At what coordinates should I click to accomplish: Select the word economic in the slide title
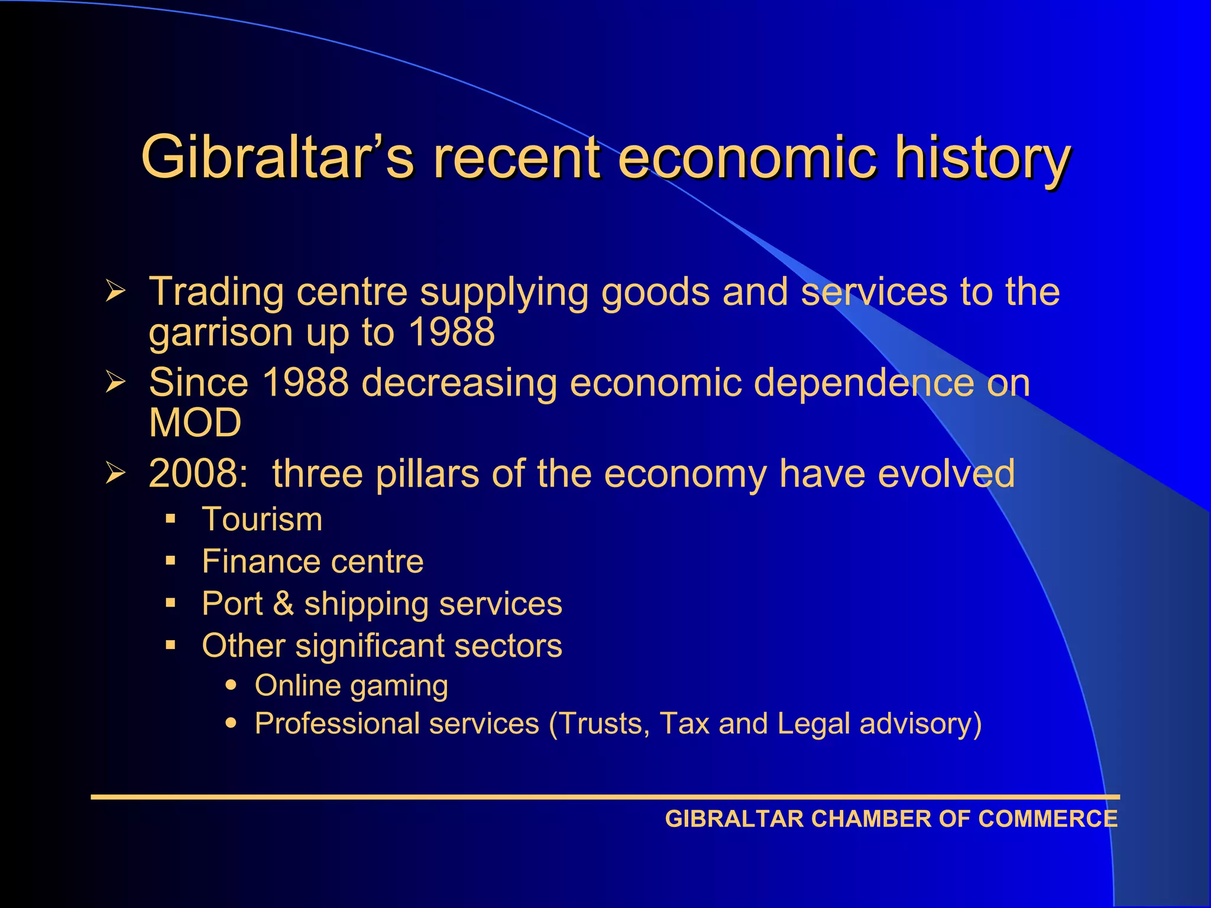point(747,157)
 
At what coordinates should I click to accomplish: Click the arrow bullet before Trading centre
point(116,291)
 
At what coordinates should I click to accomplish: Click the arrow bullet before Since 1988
point(116,382)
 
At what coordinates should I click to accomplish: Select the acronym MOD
point(195,423)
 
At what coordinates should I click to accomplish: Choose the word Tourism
point(262,520)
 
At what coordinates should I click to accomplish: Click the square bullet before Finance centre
point(171,561)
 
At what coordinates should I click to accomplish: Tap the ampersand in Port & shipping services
point(283,604)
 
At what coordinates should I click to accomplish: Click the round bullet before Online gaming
point(231,686)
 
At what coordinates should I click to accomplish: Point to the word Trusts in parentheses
point(604,724)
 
